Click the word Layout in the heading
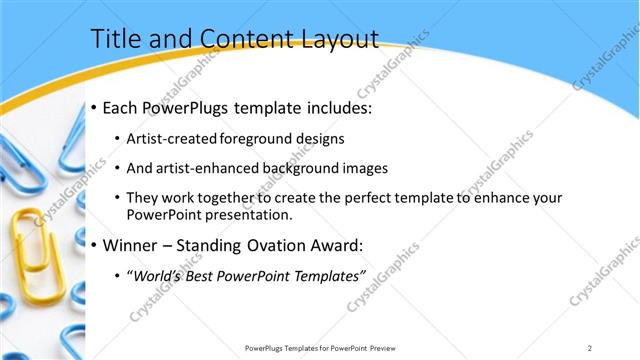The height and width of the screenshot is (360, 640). point(340,39)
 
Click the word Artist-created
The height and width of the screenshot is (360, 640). point(167,138)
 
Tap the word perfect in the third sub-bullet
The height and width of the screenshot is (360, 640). point(365,198)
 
